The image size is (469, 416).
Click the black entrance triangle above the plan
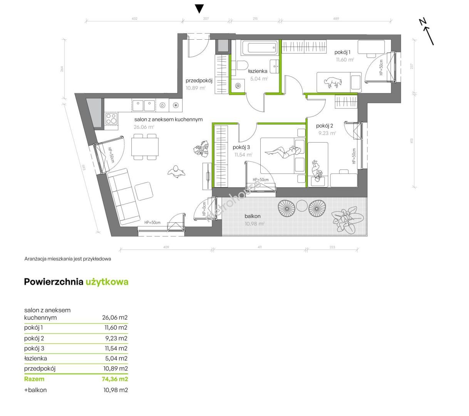(199, 9)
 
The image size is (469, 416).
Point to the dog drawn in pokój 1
(333, 82)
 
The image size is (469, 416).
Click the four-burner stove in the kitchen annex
(111, 118)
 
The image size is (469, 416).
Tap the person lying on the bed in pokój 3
(283, 152)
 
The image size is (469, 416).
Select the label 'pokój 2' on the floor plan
(324, 126)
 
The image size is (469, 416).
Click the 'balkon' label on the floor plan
(252, 216)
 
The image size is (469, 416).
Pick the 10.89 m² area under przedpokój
(195, 88)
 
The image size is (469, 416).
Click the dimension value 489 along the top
(336, 18)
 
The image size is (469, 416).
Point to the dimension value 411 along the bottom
(260, 247)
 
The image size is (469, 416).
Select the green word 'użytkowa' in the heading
(107, 282)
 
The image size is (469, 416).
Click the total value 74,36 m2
(115, 379)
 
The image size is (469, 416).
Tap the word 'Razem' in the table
(34, 379)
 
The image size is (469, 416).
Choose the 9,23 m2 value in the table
(116, 338)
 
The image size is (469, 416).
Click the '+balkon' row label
(35, 390)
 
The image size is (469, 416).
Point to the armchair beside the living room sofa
(144, 191)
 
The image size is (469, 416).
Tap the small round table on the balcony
(301, 206)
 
